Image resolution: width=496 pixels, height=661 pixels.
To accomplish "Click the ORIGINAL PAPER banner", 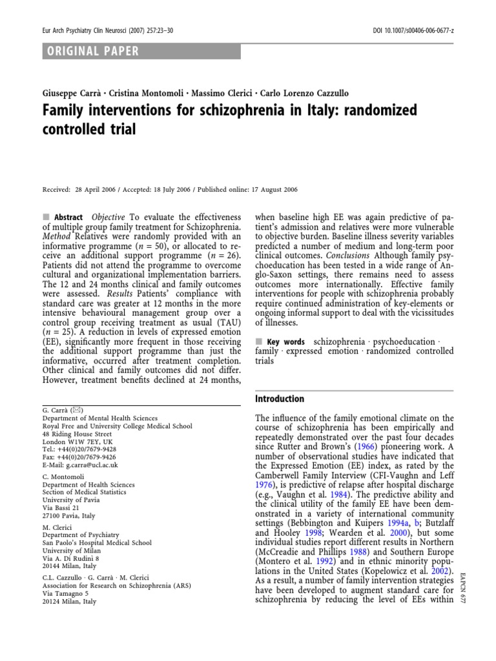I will [x=92, y=51].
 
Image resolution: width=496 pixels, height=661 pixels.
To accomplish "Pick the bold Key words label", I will [x=285, y=340].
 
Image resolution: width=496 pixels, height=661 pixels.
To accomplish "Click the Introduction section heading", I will [x=280, y=399].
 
